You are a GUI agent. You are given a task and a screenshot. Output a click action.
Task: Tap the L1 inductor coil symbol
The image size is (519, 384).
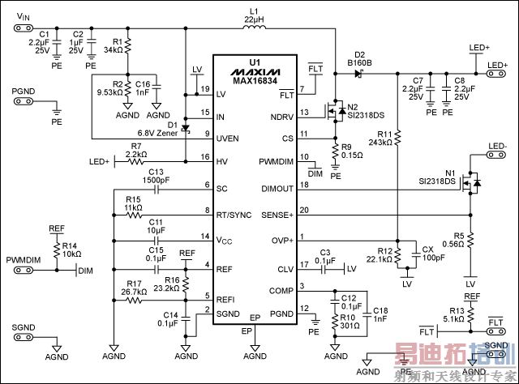[255, 30]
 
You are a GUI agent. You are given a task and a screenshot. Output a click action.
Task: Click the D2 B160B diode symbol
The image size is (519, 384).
[358, 73]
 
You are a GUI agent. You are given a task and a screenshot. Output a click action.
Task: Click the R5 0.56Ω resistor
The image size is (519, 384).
[469, 241]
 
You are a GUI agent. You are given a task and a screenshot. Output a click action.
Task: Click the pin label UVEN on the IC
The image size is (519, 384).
[227, 134]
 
